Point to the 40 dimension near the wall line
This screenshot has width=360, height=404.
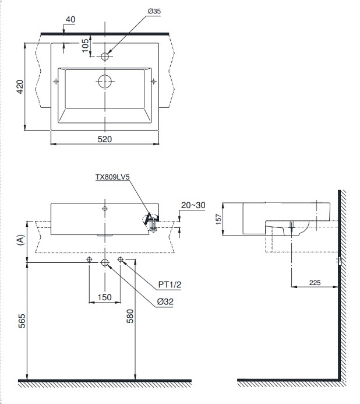[70, 19]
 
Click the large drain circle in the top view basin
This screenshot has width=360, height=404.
[105, 80]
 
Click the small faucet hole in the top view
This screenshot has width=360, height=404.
[105, 57]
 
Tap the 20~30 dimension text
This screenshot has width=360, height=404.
[193, 205]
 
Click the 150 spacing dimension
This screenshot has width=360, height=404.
[104, 297]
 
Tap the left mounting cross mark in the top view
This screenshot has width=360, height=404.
[57, 81]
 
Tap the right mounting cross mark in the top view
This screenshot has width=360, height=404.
[153, 81]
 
